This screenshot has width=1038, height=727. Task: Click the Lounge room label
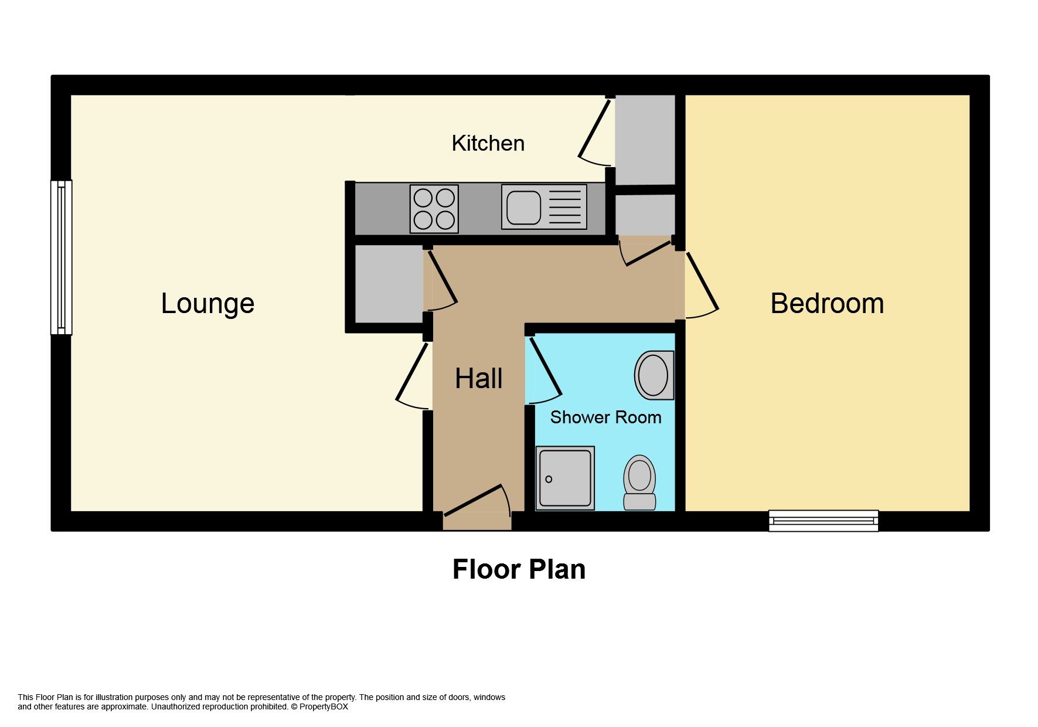(x=207, y=304)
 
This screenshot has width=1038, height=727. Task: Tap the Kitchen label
(x=488, y=144)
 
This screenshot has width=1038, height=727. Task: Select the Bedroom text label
(x=826, y=304)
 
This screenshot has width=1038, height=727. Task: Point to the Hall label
(x=478, y=379)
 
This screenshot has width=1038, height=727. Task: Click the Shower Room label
(x=605, y=417)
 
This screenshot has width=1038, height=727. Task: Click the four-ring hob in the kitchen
(x=434, y=208)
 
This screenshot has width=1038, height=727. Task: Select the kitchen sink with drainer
(x=544, y=207)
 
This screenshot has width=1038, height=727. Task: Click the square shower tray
(x=565, y=478)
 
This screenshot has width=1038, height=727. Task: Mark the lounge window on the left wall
(x=61, y=257)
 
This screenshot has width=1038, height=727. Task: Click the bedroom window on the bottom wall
(x=823, y=521)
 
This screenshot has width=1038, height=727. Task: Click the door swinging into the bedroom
(x=702, y=286)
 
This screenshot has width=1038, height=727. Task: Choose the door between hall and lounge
(x=414, y=375)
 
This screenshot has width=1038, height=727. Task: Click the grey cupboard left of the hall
(x=389, y=284)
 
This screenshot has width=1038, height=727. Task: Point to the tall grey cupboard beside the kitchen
(x=644, y=140)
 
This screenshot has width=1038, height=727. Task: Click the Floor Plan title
(x=519, y=570)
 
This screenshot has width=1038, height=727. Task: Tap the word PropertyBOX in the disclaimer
(x=324, y=706)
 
